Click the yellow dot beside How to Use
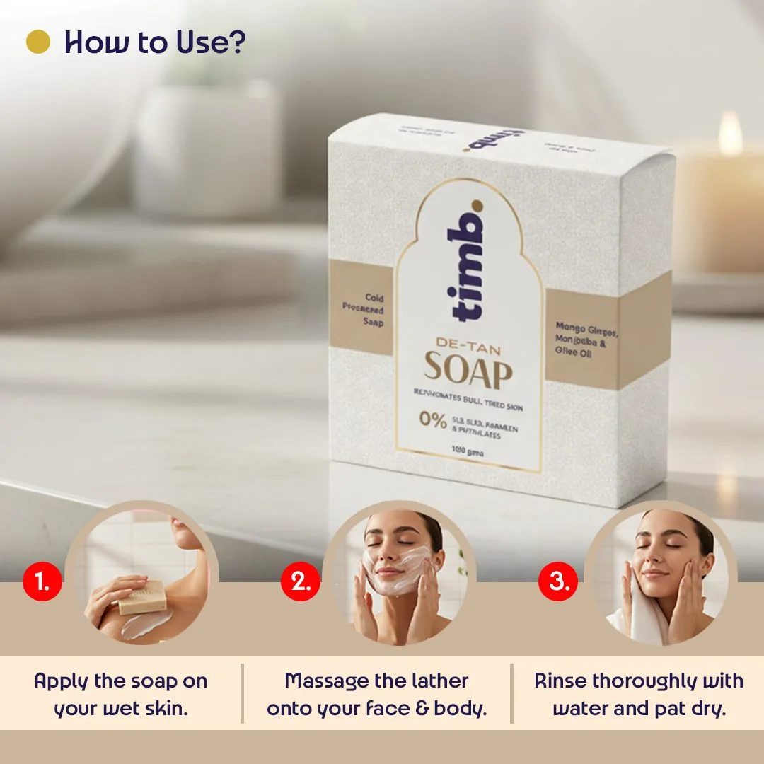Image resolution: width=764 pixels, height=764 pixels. click(x=38, y=42)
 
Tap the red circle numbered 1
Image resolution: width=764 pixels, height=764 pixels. click(x=42, y=582)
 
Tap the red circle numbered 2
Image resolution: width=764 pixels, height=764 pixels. click(x=301, y=582)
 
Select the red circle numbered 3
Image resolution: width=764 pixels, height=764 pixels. click(x=558, y=582)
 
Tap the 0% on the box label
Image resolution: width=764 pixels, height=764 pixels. click(x=432, y=419)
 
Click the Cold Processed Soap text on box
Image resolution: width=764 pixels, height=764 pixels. click(x=366, y=311)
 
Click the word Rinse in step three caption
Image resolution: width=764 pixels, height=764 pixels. click(x=560, y=681)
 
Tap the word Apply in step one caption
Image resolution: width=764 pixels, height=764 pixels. click(x=61, y=681)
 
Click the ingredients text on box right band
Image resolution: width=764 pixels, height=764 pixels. click(x=586, y=340)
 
